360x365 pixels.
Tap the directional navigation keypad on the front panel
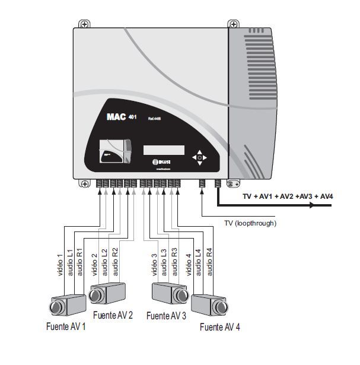pos(199,157)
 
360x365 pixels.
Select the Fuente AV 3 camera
pos(168,293)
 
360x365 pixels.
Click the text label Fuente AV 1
pos(66,326)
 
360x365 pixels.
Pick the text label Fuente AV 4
pos(220,326)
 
